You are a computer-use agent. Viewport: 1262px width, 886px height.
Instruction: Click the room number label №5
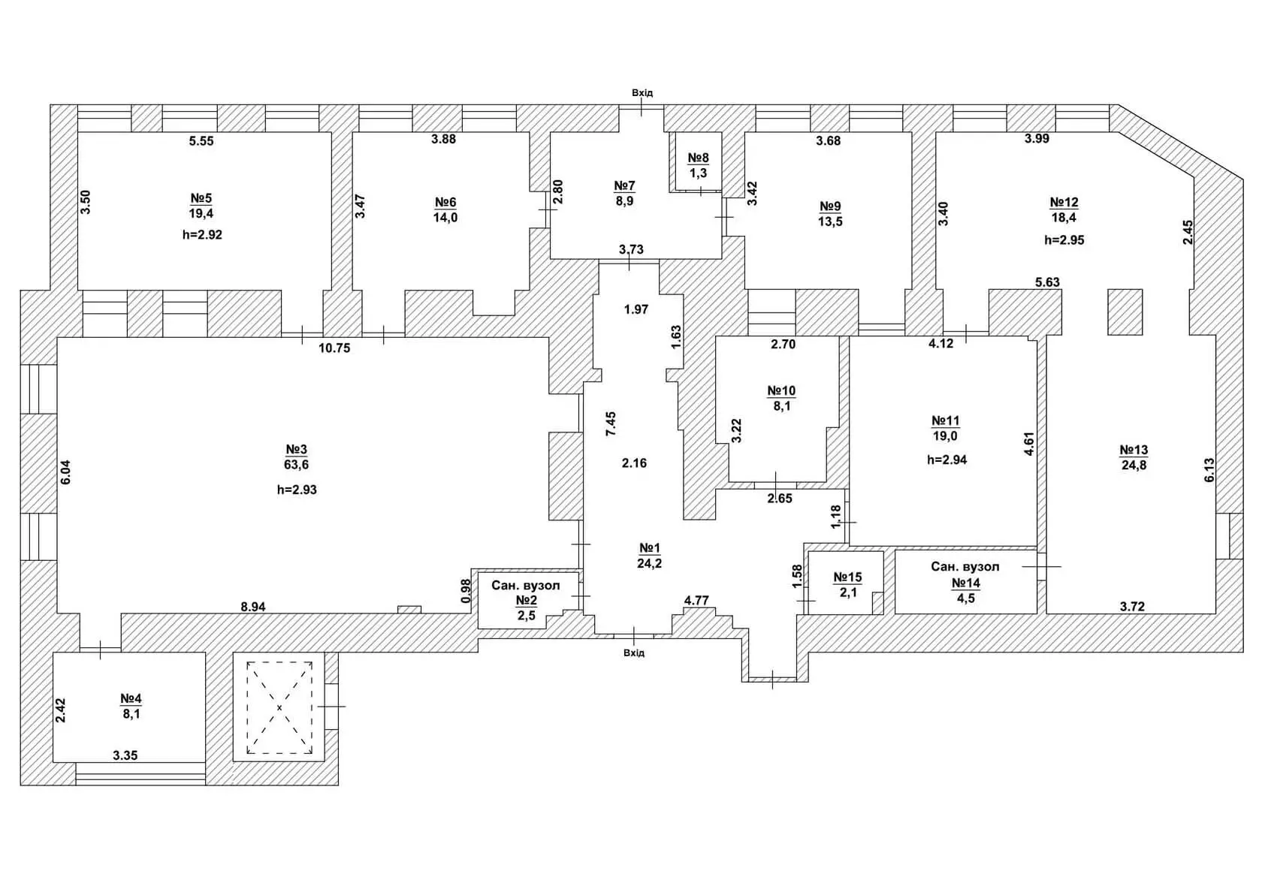click(201, 197)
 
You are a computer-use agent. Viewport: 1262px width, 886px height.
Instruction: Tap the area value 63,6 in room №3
click(296, 465)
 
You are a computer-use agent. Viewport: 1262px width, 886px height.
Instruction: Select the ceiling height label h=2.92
click(202, 235)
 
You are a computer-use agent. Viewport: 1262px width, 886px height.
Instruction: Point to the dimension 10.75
click(334, 348)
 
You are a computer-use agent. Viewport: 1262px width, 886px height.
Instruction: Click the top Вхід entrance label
click(642, 93)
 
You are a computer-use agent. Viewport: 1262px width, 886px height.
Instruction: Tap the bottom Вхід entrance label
click(634, 652)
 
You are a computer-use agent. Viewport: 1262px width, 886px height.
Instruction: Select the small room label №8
click(698, 158)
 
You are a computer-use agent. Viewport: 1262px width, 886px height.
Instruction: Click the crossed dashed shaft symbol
click(279, 707)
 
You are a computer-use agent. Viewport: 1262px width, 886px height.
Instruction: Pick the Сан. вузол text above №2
click(526, 585)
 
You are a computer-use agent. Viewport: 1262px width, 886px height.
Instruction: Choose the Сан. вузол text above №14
click(965, 566)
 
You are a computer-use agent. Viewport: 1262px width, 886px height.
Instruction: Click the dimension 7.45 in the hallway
click(611, 423)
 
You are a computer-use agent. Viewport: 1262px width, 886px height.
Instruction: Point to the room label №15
click(847, 577)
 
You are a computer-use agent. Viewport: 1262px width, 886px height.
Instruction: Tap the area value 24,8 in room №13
click(1134, 466)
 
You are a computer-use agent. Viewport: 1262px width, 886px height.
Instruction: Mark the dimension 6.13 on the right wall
click(1209, 470)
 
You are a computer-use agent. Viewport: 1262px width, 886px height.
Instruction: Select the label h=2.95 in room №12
click(1064, 240)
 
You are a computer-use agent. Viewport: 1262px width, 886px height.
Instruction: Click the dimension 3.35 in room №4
click(125, 755)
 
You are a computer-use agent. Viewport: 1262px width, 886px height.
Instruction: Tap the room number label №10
click(781, 390)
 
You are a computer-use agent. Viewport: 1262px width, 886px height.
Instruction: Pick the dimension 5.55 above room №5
click(201, 141)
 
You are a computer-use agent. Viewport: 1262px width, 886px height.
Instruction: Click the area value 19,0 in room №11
click(945, 436)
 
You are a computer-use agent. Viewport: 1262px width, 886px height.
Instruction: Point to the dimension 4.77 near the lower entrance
click(696, 601)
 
